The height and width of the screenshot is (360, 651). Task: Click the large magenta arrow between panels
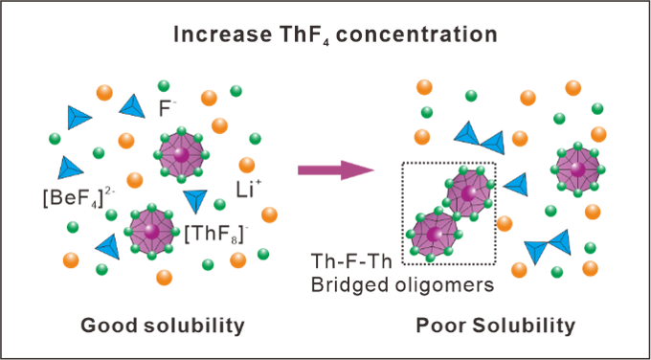tap(336, 170)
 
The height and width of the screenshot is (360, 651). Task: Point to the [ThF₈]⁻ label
tap(213, 235)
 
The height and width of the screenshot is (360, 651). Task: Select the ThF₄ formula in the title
tap(306, 35)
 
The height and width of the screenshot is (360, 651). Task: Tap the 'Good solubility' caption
tap(163, 326)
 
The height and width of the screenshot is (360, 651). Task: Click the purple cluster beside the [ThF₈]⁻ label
tap(151, 231)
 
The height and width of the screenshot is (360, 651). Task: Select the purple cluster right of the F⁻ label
tap(182, 155)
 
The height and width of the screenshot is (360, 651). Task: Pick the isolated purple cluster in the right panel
tap(577, 169)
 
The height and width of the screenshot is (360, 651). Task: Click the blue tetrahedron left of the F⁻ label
tap(132, 106)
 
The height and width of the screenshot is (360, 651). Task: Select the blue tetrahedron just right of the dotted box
tap(515, 185)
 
